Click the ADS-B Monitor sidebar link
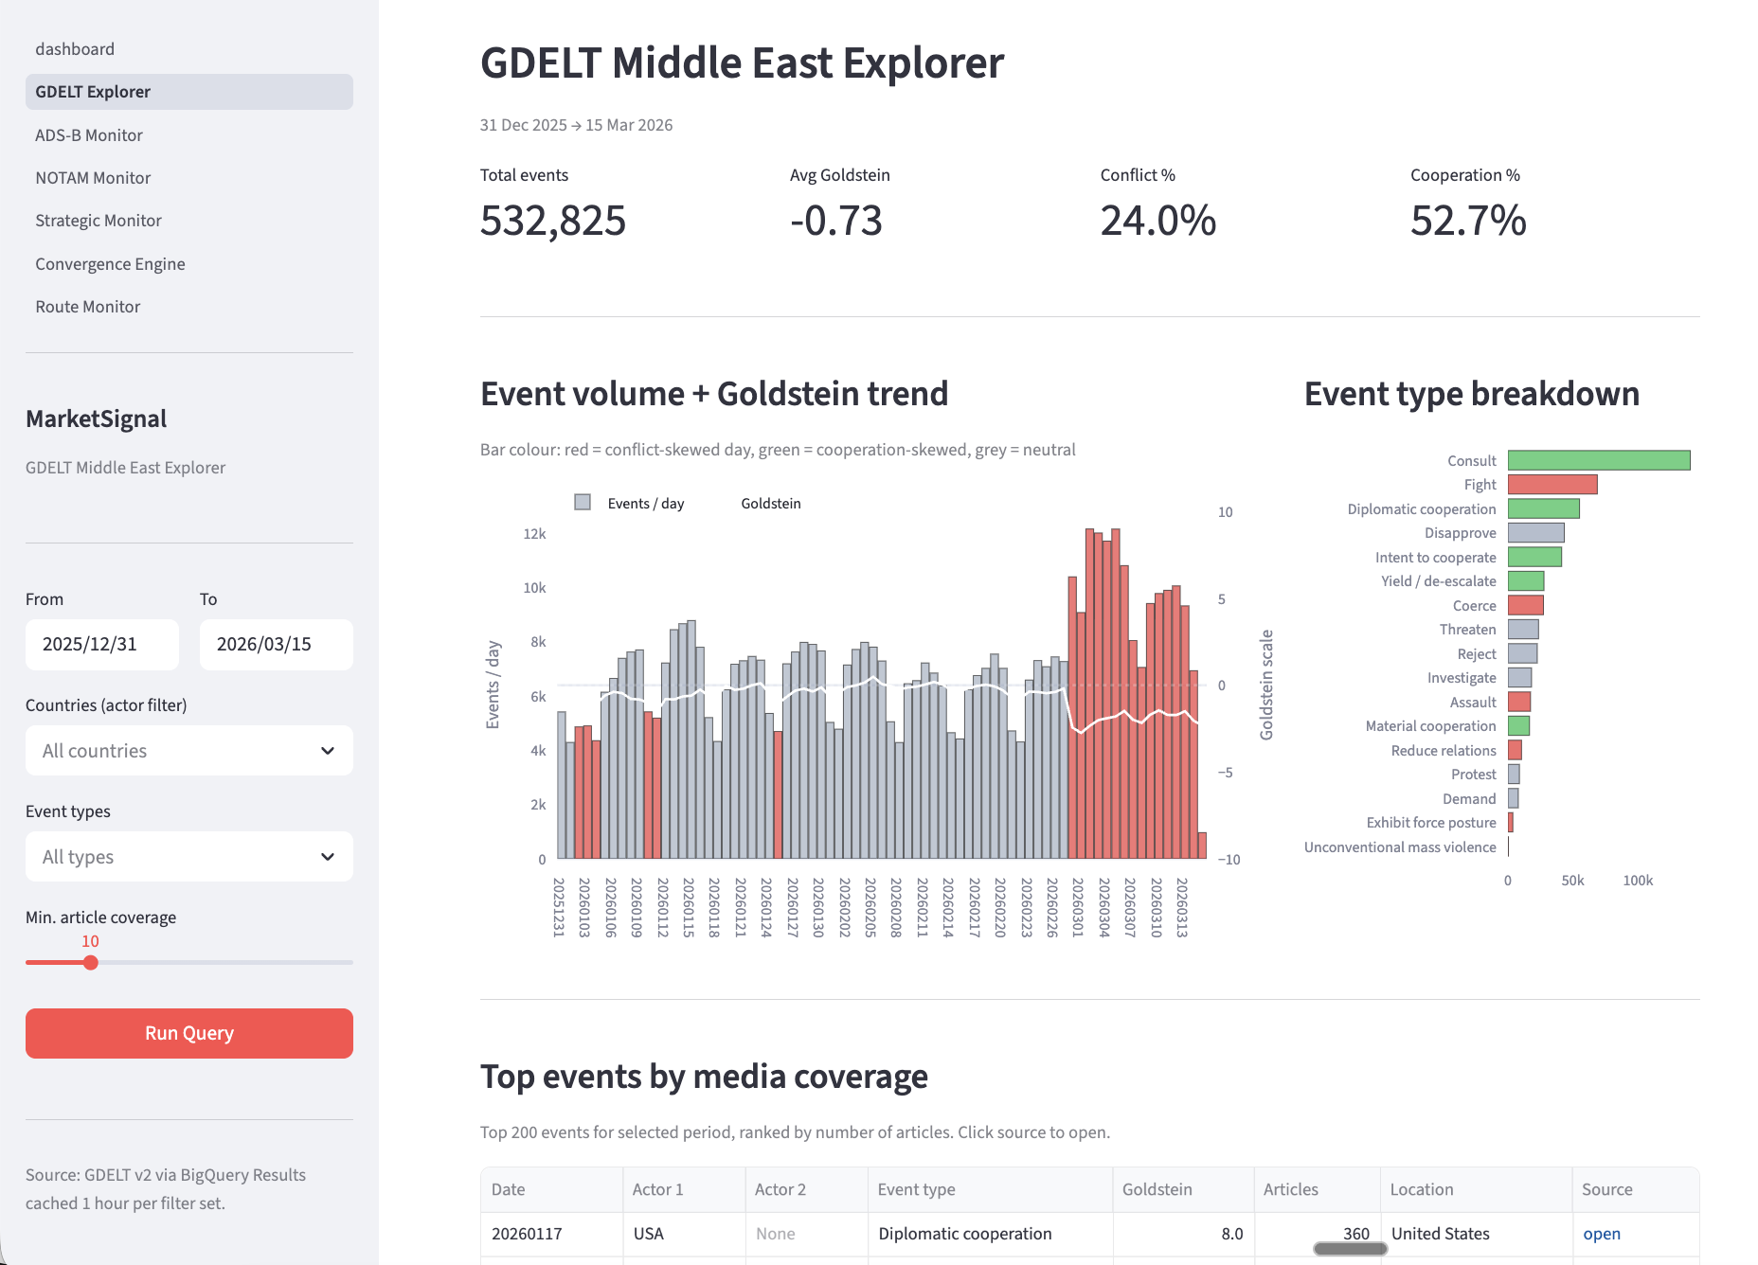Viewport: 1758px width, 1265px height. (89, 135)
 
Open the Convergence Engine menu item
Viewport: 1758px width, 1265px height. (110, 264)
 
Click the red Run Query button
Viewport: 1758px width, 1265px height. (189, 1033)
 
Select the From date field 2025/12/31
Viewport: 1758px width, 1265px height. (101, 645)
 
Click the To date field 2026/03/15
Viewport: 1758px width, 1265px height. (276, 645)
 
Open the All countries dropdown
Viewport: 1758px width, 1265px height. (189, 751)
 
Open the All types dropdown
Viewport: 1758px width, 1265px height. (189, 857)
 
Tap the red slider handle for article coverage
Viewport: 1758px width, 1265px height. (90, 963)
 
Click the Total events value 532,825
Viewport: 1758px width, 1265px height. (553, 221)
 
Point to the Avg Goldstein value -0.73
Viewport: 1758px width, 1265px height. (836, 221)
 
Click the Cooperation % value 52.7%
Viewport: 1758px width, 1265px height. (1468, 221)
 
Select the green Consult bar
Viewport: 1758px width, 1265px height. (1599, 460)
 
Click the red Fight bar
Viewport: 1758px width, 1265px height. (1552, 485)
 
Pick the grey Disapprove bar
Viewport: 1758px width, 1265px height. (1535, 533)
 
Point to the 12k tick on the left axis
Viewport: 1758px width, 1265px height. (534, 534)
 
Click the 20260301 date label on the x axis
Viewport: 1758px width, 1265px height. (1077, 907)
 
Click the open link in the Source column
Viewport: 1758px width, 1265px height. (1602, 1234)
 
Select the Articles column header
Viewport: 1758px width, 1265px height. (1290, 1189)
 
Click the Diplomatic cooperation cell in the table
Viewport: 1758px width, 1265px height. (964, 1234)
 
